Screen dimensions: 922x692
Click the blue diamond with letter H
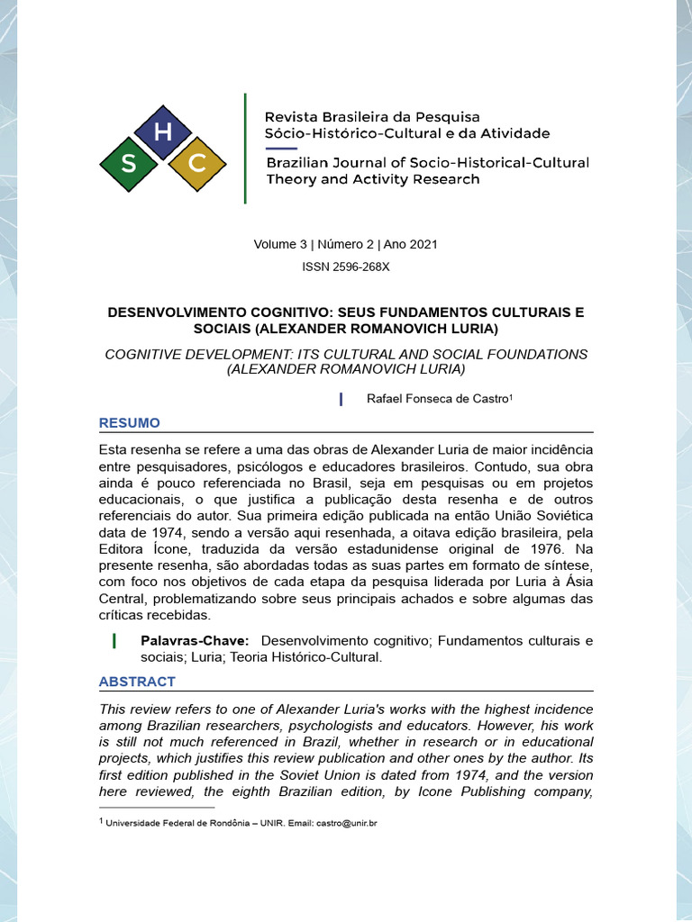[163, 132]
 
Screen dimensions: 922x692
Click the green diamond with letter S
[129, 164]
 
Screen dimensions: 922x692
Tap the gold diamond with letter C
[197, 164]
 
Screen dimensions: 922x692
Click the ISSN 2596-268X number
[346, 267]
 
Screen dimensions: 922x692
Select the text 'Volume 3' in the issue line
[280, 245]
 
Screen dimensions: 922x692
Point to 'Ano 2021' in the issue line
[411, 245]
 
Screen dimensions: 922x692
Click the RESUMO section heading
[129, 423]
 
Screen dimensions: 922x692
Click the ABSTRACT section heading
[136, 682]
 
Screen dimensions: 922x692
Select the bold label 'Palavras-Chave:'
[195, 641]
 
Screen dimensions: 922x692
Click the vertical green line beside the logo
[245, 148]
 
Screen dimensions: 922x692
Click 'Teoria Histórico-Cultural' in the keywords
[306, 657]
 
